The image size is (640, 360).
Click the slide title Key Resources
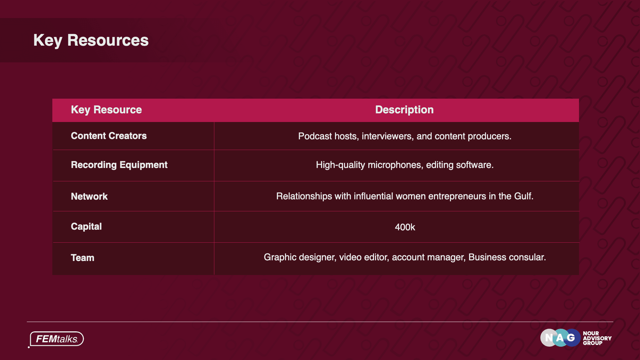coord(91,41)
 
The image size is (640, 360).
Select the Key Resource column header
coord(106,110)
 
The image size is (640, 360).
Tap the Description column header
coord(404,110)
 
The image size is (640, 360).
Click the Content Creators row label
coord(109,136)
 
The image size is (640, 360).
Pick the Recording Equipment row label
coord(119,165)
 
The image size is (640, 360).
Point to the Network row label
coord(89,196)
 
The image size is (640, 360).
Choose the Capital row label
coord(86,227)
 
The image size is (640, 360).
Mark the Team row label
coord(83,258)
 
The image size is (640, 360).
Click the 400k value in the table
coord(405,227)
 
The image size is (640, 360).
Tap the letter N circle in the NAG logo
coord(549,338)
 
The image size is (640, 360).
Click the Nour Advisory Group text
coord(597,338)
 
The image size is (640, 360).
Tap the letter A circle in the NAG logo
coord(560,338)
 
